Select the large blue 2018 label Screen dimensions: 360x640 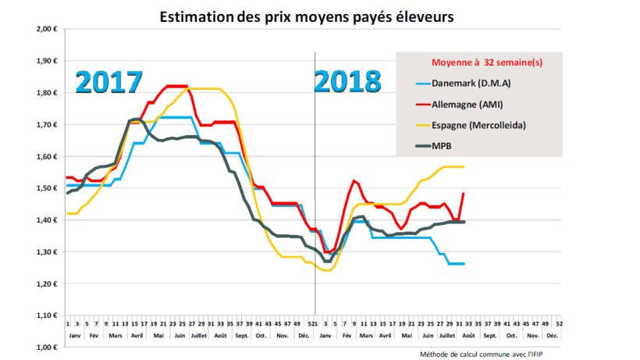(x=348, y=81)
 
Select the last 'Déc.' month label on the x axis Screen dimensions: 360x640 (x=552, y=335)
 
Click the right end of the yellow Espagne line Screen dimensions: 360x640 (x=464, y=166)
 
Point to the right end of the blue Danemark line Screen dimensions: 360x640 (x=464, y=264)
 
